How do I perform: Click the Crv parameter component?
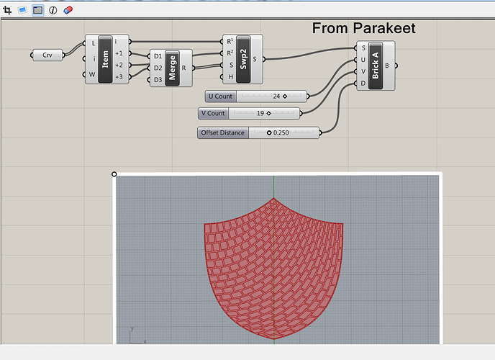click(x=47, y=55)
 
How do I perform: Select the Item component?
click(x=106, y=59)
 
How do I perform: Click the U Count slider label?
click(x=220, y=96)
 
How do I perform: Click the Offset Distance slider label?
click(x=223, y=132)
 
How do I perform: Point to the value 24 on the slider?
click(x=276, y=96)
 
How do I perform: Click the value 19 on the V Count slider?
click(x=260, y=113)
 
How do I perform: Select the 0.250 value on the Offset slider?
click(x=281, y=132)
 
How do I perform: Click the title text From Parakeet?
click(x=363, y=29)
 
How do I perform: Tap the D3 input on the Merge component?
click(x=158, y=79)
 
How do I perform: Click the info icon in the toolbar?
click(x=53, y=10)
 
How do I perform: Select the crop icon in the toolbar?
click(x=7, y=10)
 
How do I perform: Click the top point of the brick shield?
click(x=273, y=198)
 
